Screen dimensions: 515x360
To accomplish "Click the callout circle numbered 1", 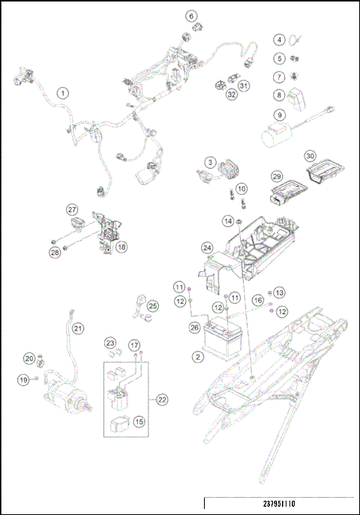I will [x=63, y=93].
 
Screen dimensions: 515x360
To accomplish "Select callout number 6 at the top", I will [x=190, y=16].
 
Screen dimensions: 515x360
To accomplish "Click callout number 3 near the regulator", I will [x=211, y=161].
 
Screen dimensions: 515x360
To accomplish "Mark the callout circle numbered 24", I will [x=206, y=247].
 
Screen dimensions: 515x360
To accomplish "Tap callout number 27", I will [x=72, y=209].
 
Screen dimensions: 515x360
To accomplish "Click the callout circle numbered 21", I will [x=78, y=328].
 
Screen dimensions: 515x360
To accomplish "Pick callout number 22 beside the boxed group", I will [x=161, y=400].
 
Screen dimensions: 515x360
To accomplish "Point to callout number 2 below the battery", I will [x=197, y=357].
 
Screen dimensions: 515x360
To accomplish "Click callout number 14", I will [x=227, y=220].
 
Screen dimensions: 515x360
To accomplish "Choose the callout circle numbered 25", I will [x=152, y=306].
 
